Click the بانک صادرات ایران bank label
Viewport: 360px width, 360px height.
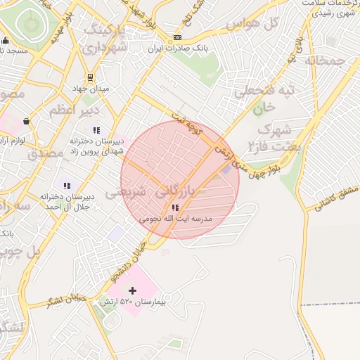[178, 50]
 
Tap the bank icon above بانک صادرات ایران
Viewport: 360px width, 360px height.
[177, 37]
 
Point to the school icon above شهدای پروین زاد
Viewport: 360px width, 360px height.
[96, 130]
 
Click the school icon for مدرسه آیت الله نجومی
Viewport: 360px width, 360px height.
[175, 208]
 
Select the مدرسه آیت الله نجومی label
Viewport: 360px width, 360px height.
[175, 219]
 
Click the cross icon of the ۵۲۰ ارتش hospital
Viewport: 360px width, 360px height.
[132, 290]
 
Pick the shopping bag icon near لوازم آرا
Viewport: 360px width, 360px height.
[26, 120]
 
